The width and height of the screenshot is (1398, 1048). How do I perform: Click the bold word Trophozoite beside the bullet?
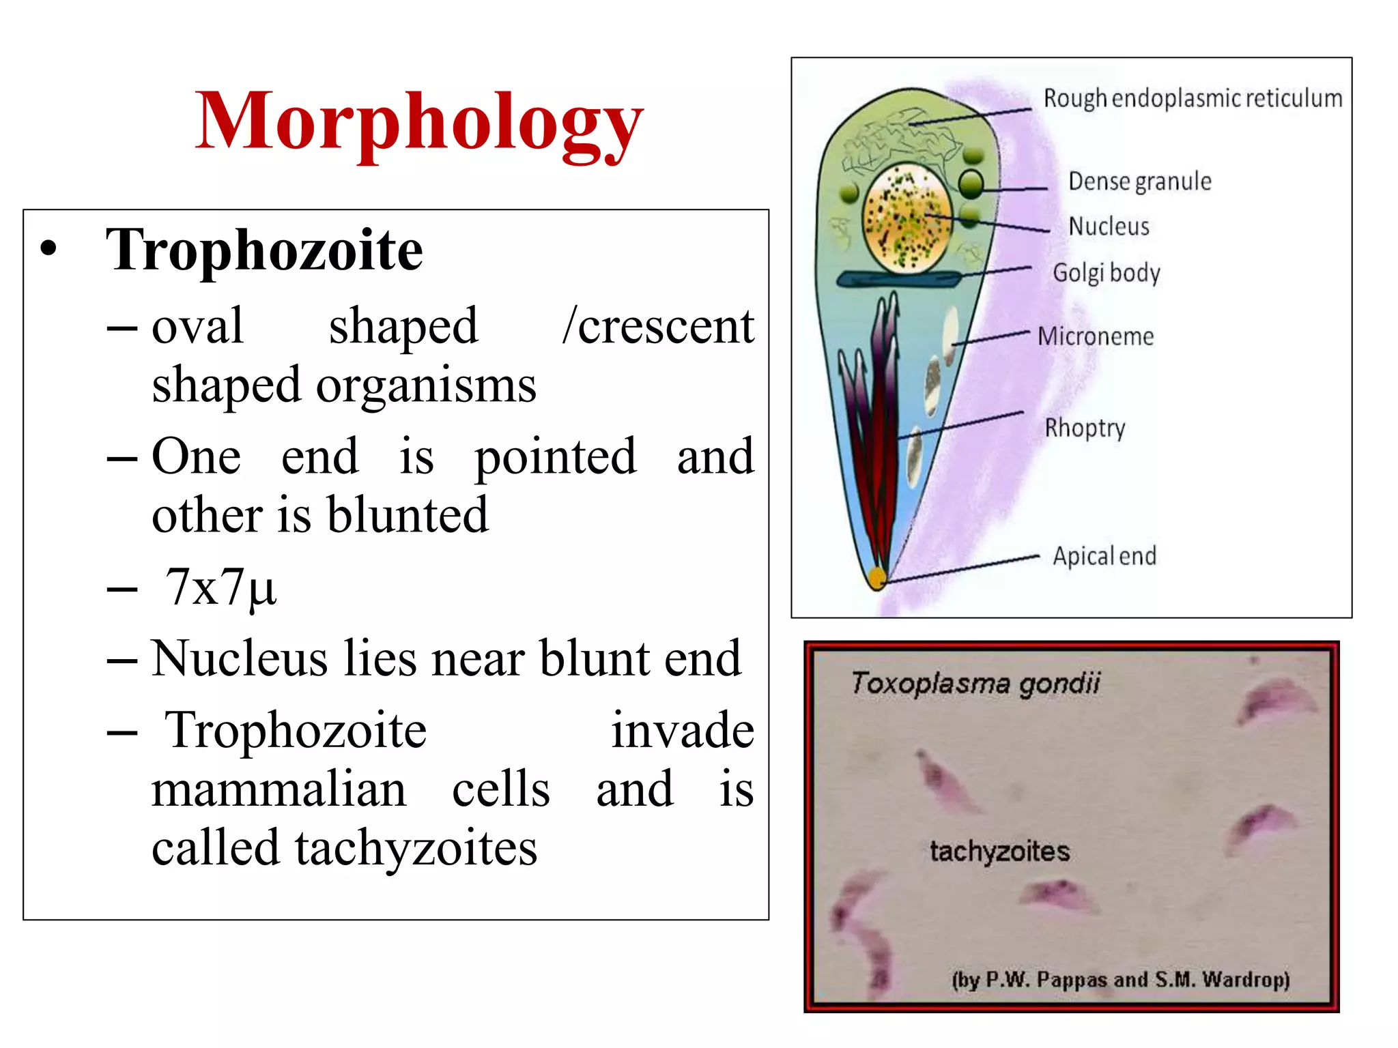264,250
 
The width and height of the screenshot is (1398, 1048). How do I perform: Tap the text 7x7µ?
220,587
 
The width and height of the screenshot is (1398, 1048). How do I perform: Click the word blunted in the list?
408,515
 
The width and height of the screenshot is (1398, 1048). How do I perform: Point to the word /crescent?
658,327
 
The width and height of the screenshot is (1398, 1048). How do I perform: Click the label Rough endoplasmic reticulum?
1192,99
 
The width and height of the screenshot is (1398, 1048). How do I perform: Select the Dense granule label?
1139,181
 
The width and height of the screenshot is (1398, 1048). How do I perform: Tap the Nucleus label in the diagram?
1109,227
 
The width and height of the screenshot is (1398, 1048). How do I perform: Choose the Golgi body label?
1106,273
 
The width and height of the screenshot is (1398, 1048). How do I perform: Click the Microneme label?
1096,336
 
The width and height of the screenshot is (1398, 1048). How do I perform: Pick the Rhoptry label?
1085,428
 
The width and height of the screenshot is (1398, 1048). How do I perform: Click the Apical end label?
1104,556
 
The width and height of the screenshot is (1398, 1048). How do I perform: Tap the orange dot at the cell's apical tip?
876,579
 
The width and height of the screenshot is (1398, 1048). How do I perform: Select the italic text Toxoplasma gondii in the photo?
975,683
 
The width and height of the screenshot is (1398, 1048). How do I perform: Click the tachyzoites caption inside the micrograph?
999,851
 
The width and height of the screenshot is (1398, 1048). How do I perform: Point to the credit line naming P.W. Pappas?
1120,980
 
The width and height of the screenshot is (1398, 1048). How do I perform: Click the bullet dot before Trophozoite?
48,250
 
